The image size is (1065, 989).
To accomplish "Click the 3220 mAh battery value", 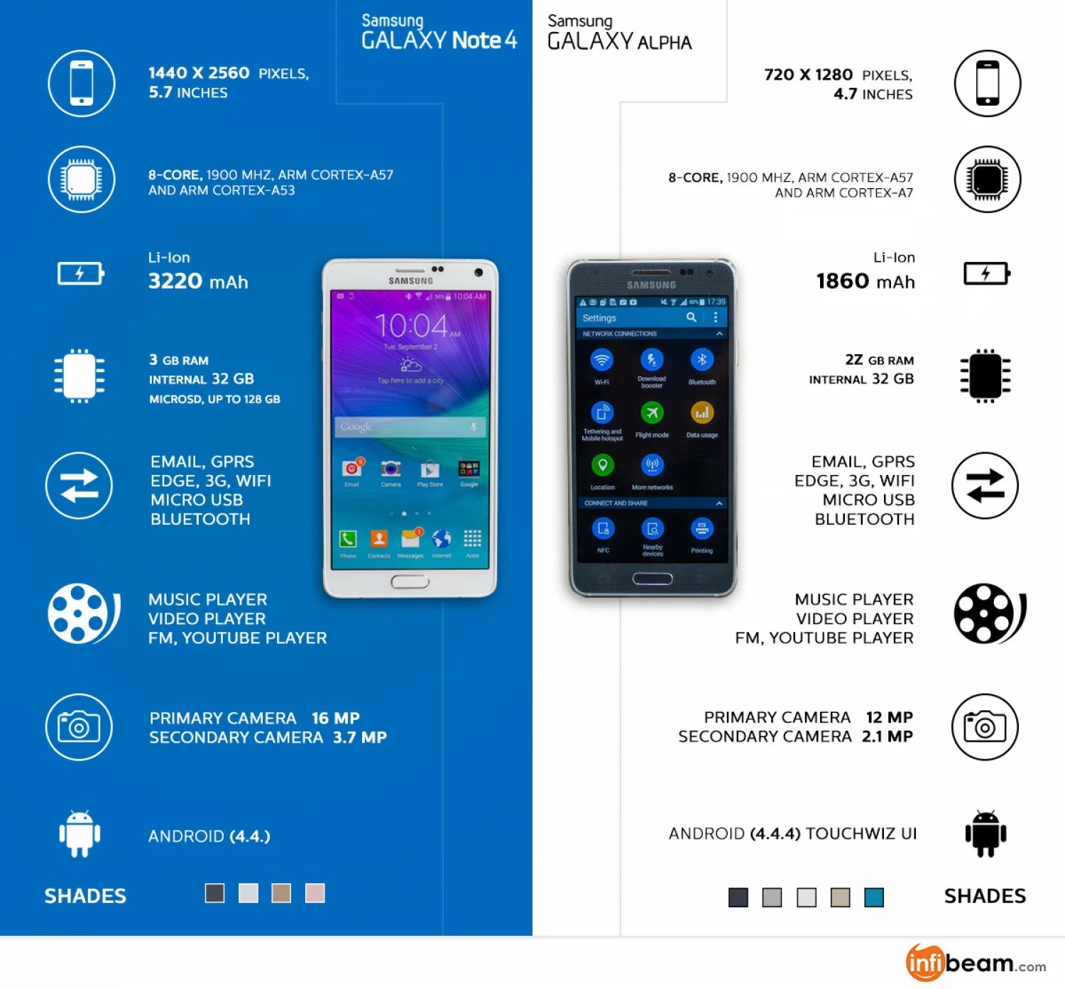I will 198,282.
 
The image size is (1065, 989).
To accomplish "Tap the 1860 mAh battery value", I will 865,282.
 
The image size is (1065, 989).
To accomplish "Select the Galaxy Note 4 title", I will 439,33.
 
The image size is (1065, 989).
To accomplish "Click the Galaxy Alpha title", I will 619,33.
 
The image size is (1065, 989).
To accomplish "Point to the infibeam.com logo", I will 975,963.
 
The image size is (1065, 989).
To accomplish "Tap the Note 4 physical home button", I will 410,581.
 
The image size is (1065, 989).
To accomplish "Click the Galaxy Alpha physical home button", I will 652,579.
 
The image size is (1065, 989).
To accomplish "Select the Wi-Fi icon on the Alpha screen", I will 602,360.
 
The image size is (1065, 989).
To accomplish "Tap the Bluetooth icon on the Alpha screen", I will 701,360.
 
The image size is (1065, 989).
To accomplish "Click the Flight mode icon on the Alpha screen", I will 652,412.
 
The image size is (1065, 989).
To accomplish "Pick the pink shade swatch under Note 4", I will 315,893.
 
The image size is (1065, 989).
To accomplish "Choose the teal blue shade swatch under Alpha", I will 874,897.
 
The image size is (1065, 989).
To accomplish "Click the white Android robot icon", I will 80,834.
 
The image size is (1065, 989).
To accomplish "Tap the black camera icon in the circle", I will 985,727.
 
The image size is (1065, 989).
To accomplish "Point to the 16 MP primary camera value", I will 336,718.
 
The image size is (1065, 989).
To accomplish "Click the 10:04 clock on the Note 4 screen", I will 412,326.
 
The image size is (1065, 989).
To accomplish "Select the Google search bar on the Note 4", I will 410,427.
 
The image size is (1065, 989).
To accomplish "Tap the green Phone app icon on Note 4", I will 348,539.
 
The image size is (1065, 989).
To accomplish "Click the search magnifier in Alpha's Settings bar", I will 691,317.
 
